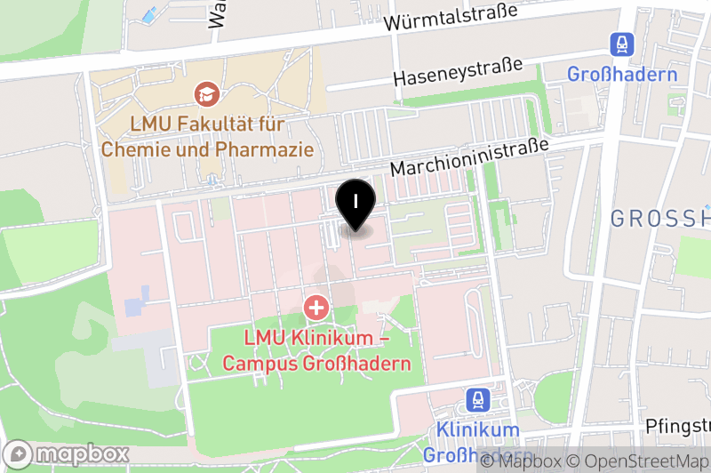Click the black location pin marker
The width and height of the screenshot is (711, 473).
pos(355,203)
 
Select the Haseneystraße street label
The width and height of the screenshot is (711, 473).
pos(457,72)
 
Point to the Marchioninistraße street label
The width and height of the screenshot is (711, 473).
pos(471,156)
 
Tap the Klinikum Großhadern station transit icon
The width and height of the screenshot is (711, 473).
pos(478,399)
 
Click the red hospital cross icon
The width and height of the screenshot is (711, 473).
pos(316,309)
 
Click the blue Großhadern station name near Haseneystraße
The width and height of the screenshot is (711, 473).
pos(622,74)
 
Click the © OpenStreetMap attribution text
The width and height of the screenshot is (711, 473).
pos(642,461)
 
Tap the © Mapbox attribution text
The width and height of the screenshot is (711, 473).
pos(521,461)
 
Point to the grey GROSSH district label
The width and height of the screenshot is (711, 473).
pos(662,219)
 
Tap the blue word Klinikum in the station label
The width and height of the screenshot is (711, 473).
pos(478,430)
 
